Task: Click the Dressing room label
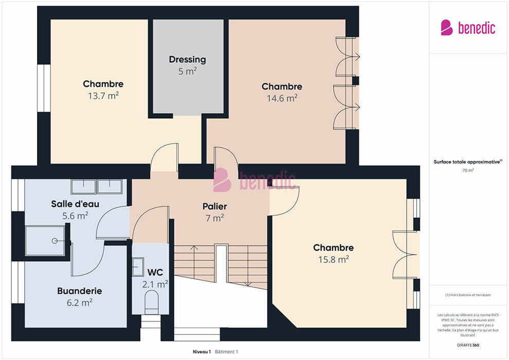click(187, 60)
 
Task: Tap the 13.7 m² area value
click(103, 96)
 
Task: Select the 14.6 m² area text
click(282, 98)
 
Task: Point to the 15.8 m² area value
click(333, 259)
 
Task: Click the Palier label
click(214, 206)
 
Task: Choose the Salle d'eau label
click(75, 204)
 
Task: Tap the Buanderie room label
click(80, 291)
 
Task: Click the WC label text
click(155, 272)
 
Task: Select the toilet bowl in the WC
click(151, 302)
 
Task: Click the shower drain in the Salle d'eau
click(55, 241)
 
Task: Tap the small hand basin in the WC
click(138, 267)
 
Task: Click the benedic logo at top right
click(468, 28)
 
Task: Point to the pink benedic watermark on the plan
click(254, 179)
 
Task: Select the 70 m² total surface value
click(468, 170)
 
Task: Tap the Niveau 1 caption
click(202, 352)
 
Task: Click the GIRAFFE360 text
click(468, 345)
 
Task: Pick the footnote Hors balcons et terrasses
click(468, 295)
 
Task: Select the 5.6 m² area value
click(75, 216)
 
